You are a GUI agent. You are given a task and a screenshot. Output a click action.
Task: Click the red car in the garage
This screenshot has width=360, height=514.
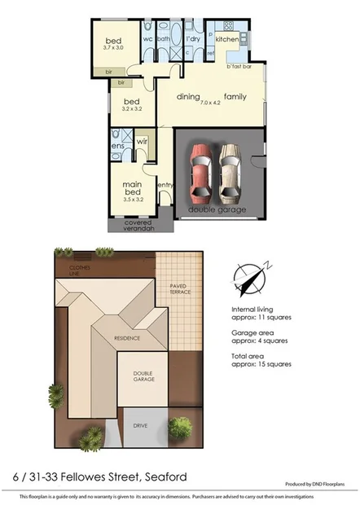pos(200,174)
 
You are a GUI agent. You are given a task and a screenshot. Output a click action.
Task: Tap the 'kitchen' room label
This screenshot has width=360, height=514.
pos(226,38)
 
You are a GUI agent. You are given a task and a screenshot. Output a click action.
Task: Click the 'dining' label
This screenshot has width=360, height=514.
pos(189,97)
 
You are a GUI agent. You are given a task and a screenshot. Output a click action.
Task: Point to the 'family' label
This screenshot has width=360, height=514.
pos(236,97)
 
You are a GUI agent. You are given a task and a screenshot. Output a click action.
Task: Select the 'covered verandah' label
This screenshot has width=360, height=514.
pos(138,226)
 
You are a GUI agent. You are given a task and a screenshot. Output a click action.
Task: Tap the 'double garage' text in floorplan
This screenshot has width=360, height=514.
pos(215,209)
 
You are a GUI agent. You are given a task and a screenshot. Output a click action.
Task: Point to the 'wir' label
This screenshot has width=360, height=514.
pos(140,140)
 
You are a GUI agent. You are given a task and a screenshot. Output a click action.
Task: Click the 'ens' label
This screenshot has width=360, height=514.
pos(116,146)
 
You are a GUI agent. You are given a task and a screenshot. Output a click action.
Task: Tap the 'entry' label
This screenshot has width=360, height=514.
pos(165,185)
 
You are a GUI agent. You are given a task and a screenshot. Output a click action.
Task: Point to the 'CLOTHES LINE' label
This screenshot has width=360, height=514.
pos(80,270)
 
